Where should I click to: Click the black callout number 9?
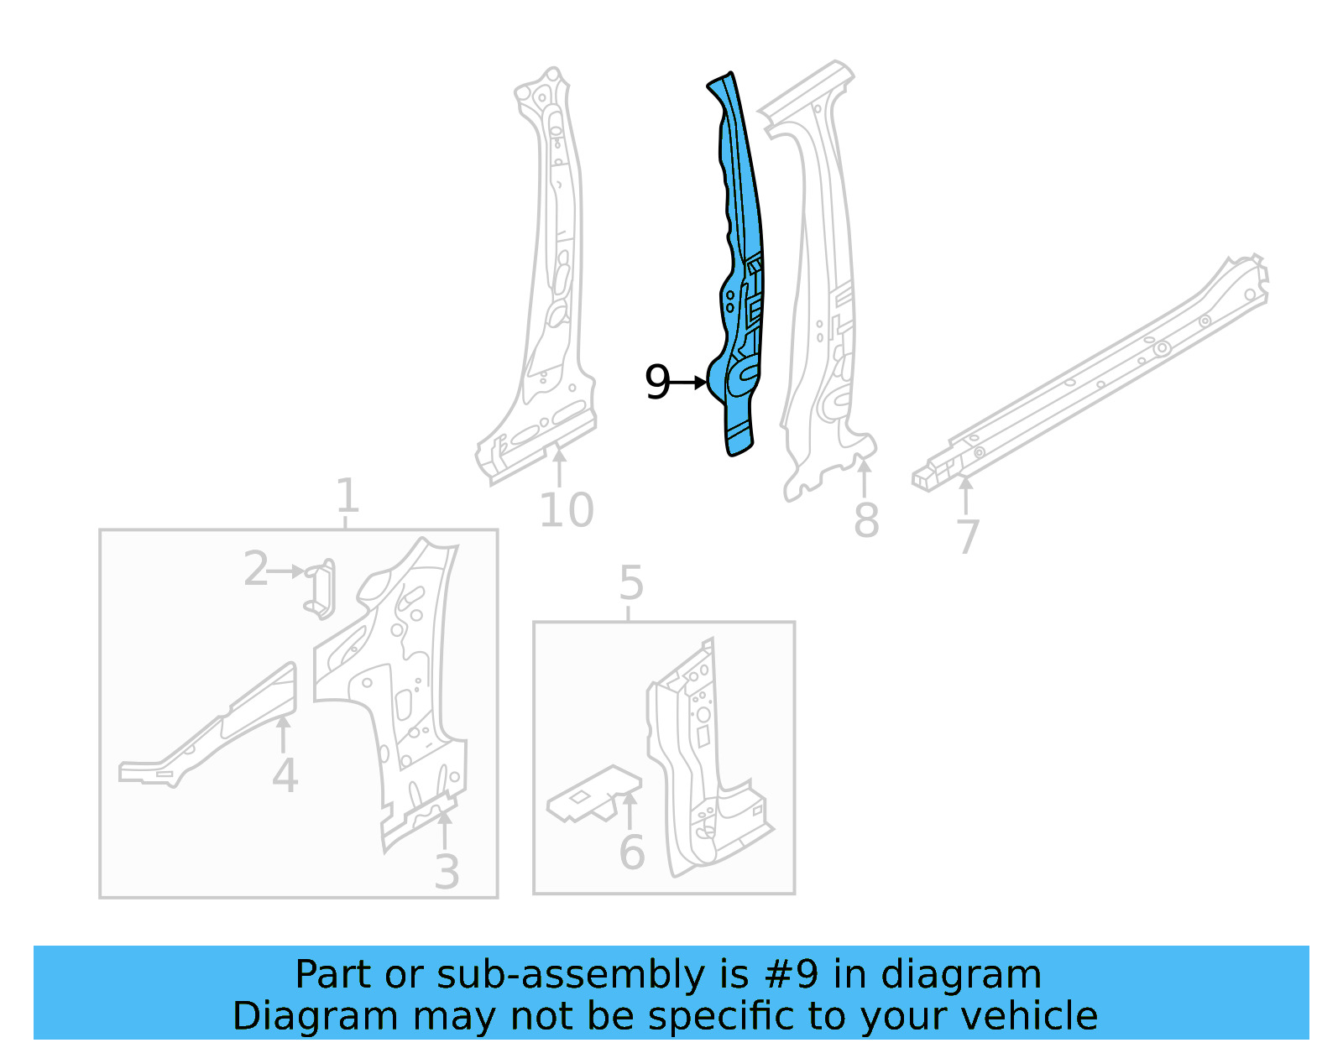coord(657,383)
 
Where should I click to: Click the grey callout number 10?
coord(567,510)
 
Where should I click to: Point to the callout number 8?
coord(866,520)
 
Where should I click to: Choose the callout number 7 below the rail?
coord(968,537)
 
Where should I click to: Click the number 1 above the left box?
coord(347,496)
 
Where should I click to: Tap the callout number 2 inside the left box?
coord(256,570)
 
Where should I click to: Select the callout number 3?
coord(447,873)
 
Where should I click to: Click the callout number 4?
coord(285,776)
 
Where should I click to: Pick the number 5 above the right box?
coord(631,583)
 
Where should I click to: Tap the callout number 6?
coord(631,853)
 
